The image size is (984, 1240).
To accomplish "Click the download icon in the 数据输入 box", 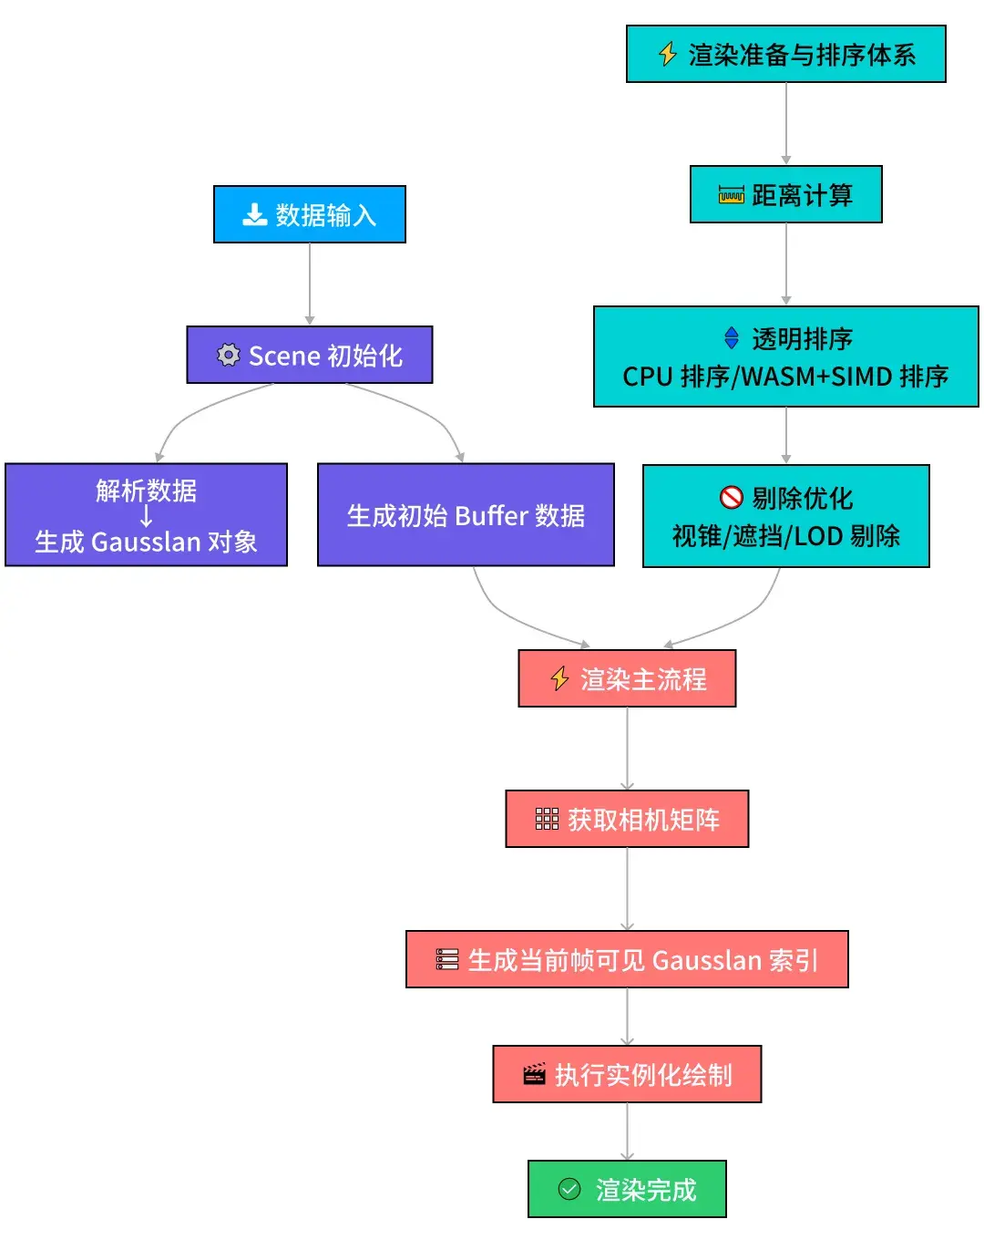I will [x=254, y=215].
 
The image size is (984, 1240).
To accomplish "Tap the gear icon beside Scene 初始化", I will [x=228, y=355].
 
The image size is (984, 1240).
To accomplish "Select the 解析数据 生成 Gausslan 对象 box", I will [x=146, y=515].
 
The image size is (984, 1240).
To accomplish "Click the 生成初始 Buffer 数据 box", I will [x=466, y=515].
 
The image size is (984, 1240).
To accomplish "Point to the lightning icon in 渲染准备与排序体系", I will [x=668, y=55].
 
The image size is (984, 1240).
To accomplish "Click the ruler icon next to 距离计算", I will [x=731, y=195].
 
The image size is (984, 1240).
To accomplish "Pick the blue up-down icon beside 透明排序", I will [x=731, y=338].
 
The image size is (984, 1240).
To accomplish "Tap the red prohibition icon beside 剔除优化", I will [x=731, y=497].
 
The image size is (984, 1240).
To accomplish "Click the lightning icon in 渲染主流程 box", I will [x=560, y=679].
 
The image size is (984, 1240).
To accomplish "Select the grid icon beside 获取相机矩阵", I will [x=547, y=819].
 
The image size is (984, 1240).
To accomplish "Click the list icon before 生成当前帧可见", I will [x=447, y=959].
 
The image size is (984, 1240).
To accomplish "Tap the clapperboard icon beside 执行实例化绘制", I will [x=534, y=1075].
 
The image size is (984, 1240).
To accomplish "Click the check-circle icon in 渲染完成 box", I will [x=569, y=1189].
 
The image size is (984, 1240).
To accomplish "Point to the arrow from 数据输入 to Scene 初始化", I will [x=310, y=284].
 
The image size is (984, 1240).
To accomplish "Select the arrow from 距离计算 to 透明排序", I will [x=786, y=263].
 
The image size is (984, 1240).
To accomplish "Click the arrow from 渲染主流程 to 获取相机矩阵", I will [x=627, y=749].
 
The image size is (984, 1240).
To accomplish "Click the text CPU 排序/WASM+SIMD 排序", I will [x=785, y=377].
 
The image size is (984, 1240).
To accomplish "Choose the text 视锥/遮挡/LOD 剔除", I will [x=785, y=536].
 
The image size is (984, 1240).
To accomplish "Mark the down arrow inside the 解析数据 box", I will [x=146, y=516].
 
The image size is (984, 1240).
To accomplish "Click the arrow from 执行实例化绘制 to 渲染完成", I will [x=627, y=1131].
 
